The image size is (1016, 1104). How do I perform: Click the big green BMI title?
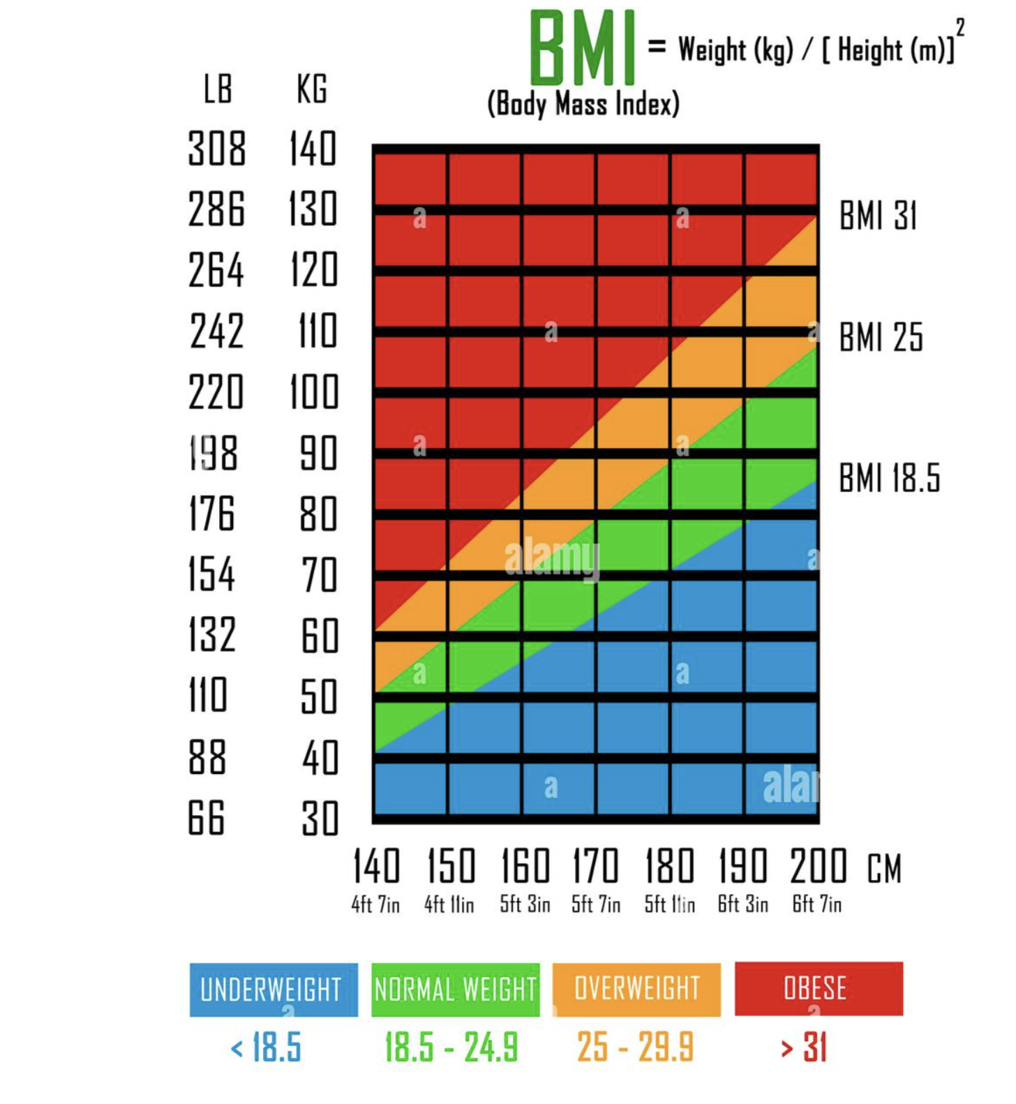point(582,47)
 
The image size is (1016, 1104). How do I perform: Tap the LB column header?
point(218,89)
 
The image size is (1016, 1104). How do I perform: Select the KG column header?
point(312,89)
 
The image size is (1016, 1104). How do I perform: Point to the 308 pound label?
point(217,149)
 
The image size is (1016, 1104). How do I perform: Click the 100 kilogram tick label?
point(314,392)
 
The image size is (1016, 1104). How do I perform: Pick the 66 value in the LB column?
point(207,818)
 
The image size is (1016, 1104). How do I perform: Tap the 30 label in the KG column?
point(320,819)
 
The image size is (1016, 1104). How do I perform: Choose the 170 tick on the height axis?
point(595,866)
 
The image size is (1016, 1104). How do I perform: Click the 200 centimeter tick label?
point(819,866)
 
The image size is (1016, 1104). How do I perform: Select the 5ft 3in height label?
point(525,904)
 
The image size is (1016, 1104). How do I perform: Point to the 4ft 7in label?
point(375,904)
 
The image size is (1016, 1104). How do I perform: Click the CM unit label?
point(885,869)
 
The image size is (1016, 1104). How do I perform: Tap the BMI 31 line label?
point(878,216)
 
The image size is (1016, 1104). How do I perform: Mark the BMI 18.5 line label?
point(890,479)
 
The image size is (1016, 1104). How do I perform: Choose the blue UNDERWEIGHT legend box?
point(274,990)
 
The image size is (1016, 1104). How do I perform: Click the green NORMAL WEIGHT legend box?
point(456,990)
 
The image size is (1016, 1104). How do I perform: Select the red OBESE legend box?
point(819,989)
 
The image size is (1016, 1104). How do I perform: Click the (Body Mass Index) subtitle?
point(583,105)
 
